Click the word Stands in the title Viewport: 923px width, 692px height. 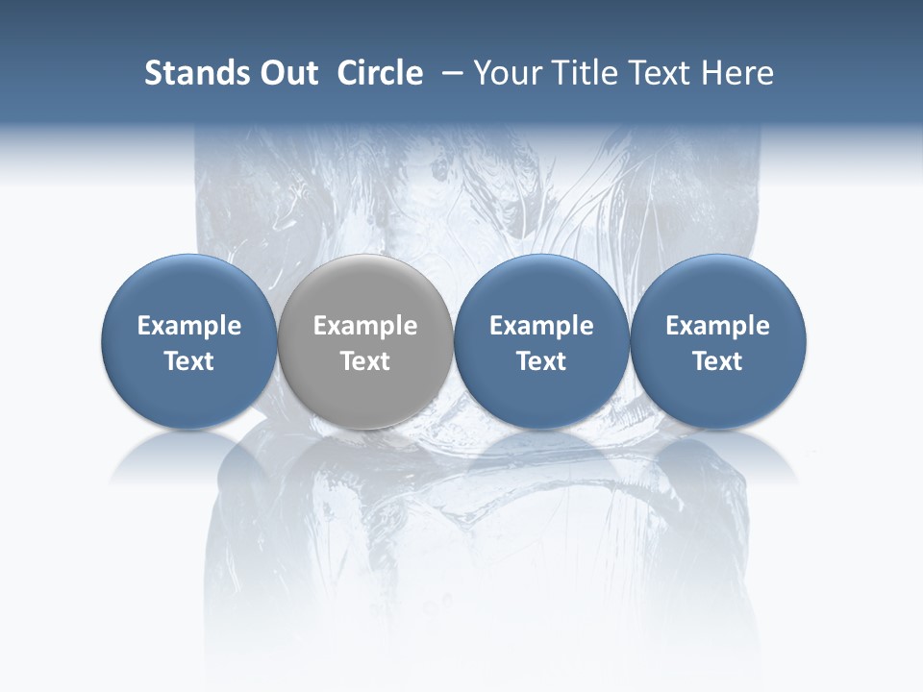point(196,73)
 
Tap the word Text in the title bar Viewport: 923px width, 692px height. point(664,73)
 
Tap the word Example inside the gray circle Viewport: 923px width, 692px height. point(365,326)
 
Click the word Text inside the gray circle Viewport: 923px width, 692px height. point(365,361)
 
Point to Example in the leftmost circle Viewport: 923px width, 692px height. point(189,326)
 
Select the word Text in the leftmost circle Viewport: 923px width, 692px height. point(189,361)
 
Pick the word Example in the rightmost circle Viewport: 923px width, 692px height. point(718,326)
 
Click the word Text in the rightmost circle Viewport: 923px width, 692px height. point(718,361)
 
